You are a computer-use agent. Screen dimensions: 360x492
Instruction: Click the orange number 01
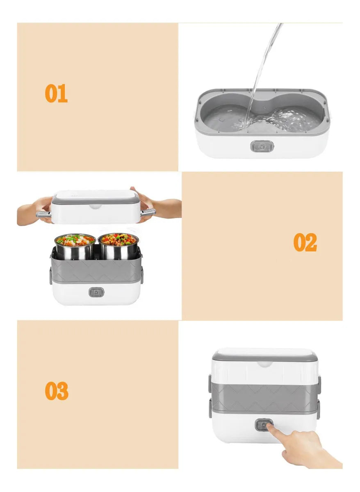pyautogui.click(x=56, y=93)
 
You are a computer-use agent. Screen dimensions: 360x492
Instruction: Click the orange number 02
pyautogui.click(x=305, y=242)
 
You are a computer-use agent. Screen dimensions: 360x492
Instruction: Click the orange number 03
pyautogui.click(x=57, y=391)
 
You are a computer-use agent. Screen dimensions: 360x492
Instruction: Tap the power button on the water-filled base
pyautogui.click(x=262, y=146)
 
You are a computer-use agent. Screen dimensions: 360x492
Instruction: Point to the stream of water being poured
pyautogui.click(x=264, y=73)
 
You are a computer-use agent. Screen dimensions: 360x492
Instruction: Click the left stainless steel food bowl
pyautogui.click(x=75, y=246)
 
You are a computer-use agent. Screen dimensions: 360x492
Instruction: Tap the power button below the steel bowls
pyautogui.click(x=96, y=292)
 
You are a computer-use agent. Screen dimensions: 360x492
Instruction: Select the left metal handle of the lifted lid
pyautogui.click(x=43, y=214)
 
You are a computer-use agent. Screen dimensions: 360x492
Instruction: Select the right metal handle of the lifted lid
pyautogui.click(x=148, y=212)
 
